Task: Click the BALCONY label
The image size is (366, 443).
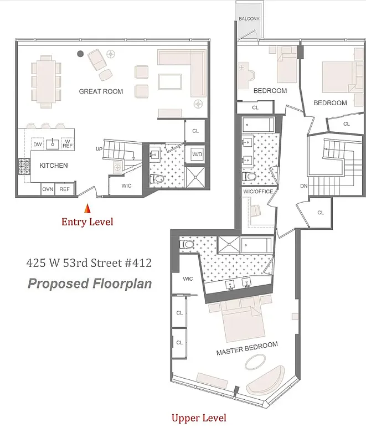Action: (x=249, y=19)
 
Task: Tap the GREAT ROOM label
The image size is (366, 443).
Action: (x=101, y=91)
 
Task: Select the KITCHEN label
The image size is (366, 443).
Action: (x=53, y=165)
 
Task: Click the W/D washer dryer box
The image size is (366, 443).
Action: (x=197, y=153)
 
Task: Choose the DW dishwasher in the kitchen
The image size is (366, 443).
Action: (x=38, y=145)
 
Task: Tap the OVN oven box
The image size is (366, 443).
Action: (x=48, y=189)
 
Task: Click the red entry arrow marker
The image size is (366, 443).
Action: (x=87, y=209)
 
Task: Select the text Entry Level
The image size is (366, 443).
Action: (x=87, y=222)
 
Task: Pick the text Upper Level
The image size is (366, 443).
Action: (x=198, y=418)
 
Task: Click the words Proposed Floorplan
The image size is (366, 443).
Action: (x=89, y=284)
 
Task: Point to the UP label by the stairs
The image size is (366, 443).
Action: (x=99, y=149)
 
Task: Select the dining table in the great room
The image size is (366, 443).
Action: (x=45, y=81)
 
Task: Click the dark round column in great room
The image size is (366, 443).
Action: (x=80, y=54)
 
